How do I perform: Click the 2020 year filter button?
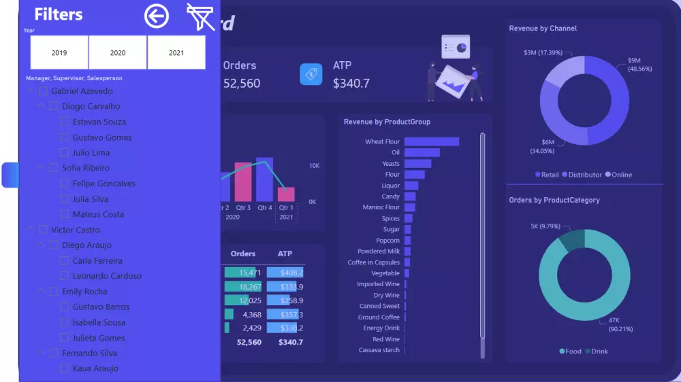coord(118,52)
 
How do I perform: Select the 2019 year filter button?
coord(59,52)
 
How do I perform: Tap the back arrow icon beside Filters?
coord(157,16)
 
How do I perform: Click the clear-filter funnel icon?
coord(200,16)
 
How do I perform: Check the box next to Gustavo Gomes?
coord(65,137)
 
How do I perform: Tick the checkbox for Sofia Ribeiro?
coord(54,168)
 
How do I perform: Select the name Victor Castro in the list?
coord(76,230)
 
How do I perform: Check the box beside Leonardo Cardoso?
coord(65,276)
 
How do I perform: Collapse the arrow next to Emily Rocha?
coord(42,292)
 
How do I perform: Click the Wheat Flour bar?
coord(431,141)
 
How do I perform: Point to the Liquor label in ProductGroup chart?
coord(390,186)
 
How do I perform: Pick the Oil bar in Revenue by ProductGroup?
coord(422,152)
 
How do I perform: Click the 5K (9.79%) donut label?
coord(545,226)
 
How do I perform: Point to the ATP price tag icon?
coord(311,74)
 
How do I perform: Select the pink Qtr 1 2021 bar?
coord(286,194)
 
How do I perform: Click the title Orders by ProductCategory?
coord(554,201)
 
